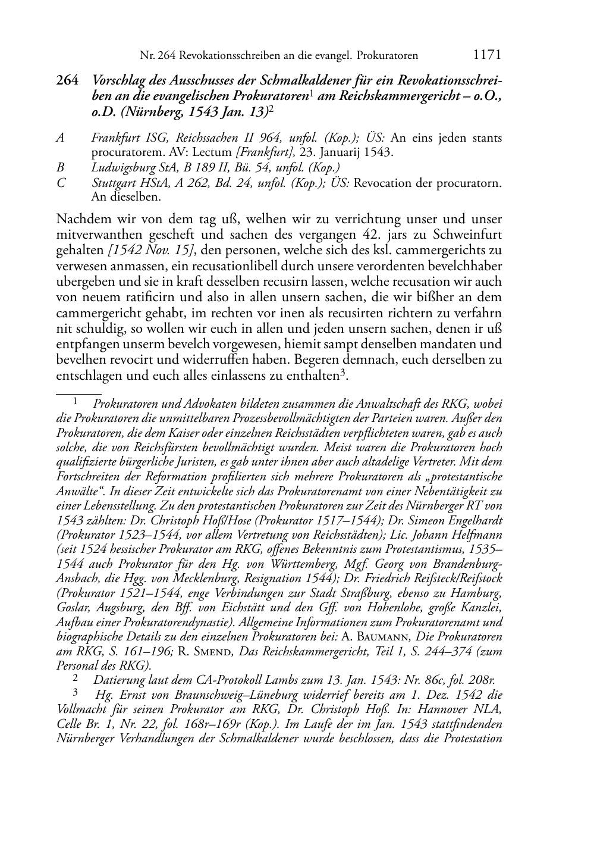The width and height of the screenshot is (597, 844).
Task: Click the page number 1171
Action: point(488,55)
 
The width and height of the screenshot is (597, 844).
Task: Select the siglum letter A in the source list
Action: point(60,138)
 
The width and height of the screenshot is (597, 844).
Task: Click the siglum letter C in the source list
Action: point(60,183)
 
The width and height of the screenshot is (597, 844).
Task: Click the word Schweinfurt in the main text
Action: point(470,235)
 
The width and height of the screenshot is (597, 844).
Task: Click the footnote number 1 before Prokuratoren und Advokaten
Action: point(76,402)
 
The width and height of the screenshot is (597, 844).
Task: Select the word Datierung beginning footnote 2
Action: point(119,680)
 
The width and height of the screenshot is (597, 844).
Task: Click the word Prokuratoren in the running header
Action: point(387,55)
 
